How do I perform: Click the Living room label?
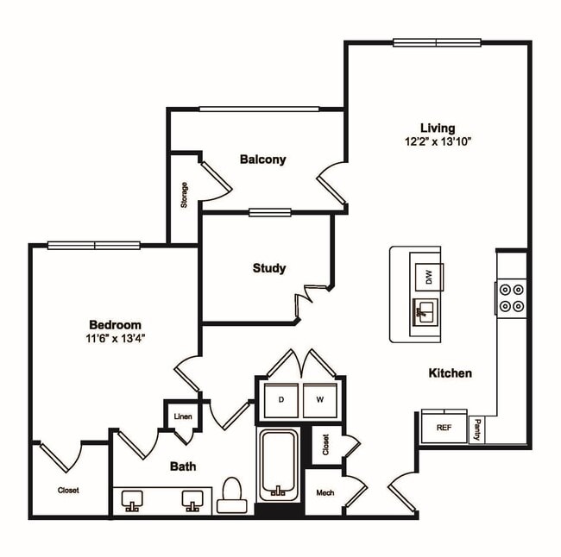pyautogui.click(x=437, y=128)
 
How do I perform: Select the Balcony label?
pyautogui.click(x=262, y=160)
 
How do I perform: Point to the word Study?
pyautogui.click(x=268, y=268)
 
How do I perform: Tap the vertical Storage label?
pyautogui.click(x=185, y=197)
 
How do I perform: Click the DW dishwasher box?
pyautogui.click(x=426, y=277)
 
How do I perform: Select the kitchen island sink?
pyautogui.click(x=425, y=311)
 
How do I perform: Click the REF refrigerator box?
pyautogui.click(x=444, y=428)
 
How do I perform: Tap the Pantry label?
pyautogui.click(x=477, y=429)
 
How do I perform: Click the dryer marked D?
pyautogui.click(x=280, y=399)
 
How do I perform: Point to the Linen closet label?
pyautogui.click(x=182, y=417)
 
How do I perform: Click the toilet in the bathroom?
pyautogui.click(x=231, y=495)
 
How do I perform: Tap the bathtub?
pyautogui.click(x=278, y=466)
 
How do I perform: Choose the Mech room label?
pyautogui.click(x=325, y=493)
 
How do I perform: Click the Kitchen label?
pyautogui.click(x=451, y=373)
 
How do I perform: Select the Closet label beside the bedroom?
pyautogui.click(x=68, y=490)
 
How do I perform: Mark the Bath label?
pyautogui.click(x=182, y=466)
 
